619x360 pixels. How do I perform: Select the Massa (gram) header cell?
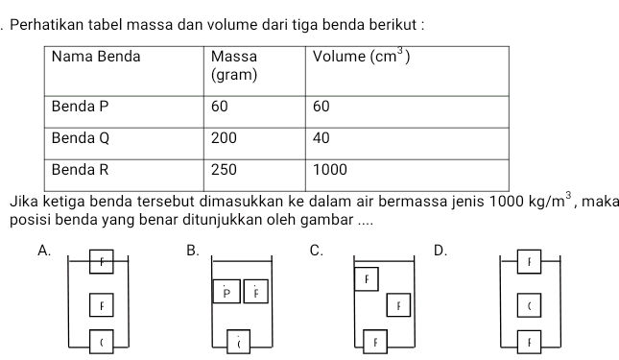[234, 65]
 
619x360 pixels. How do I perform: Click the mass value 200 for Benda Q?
[224, 137]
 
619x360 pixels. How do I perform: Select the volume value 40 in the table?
[321, 137]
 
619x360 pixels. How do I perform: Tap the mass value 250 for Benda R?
[224, 169]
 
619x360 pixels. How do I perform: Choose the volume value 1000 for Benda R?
[329, 169]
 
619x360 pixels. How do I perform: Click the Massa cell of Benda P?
[221, 106]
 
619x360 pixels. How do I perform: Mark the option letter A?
[41, 252]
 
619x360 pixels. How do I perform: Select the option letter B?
[192, 252]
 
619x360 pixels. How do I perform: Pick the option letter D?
[440, 252]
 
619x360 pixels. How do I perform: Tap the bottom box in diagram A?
[99, 340]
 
